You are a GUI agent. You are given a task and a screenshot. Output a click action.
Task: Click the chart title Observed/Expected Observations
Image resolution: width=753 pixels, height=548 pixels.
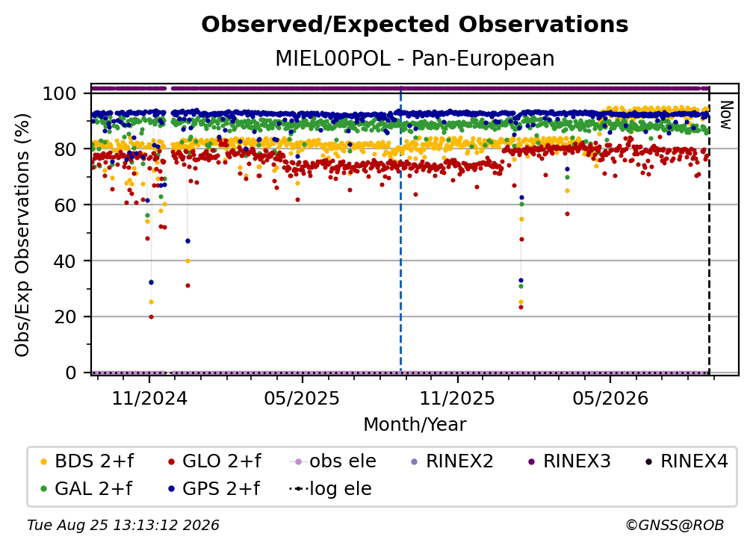415,25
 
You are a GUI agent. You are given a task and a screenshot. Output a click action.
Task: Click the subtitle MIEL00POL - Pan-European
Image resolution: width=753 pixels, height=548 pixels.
415,58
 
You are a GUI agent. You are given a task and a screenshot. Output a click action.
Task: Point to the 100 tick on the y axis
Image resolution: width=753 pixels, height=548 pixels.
60,93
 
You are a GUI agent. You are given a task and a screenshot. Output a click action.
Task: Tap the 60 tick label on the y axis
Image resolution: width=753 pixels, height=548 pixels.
65,205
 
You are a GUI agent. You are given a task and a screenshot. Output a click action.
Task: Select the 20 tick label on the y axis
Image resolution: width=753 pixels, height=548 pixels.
65,317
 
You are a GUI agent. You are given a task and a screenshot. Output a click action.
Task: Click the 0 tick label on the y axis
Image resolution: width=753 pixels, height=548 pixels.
71,373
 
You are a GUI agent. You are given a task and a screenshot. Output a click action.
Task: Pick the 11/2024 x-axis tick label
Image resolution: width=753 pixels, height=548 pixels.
149,398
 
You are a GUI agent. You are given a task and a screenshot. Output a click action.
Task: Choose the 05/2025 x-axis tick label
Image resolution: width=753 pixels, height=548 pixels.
302,398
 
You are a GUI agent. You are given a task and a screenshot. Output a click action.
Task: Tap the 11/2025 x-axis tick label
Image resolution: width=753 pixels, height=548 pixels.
457,398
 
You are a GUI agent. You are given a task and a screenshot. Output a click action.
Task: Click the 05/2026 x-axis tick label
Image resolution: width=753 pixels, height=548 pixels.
610,398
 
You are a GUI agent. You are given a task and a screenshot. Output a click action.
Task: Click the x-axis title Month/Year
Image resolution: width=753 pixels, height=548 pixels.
415,425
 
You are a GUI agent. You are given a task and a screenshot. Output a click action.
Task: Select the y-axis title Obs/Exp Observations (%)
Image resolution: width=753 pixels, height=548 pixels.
22,235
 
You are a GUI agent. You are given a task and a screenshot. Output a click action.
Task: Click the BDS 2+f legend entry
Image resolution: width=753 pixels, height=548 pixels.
87,461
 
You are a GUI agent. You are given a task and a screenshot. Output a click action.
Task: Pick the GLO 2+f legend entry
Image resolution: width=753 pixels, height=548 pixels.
214,461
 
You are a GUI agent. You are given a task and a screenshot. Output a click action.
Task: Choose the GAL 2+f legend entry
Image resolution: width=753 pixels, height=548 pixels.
86,489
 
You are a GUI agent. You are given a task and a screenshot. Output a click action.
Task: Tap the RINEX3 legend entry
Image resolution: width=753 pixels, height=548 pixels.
569,461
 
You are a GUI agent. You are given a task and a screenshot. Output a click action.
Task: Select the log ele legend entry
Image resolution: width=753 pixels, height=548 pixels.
330,489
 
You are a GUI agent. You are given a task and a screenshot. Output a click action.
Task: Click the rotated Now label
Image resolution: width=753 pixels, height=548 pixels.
725,115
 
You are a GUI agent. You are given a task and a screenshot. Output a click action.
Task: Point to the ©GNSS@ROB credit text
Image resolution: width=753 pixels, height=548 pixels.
675,525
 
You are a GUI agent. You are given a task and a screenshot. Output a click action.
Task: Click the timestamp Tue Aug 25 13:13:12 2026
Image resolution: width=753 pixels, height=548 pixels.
123,525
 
